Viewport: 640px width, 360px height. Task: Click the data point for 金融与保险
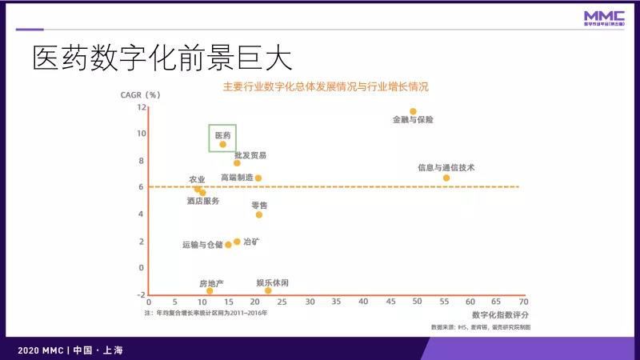pyautogui.click(x=413, y=111)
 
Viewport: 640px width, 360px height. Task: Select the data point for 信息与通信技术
pyautogui.click(x=446, y=178)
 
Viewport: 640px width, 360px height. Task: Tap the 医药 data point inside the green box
pyautogui.click(x=223, y=144)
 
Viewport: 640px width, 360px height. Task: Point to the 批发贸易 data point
pyautogui.click(x=237, y=163)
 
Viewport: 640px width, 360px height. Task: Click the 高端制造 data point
pyautogui.click(x=258, y=178)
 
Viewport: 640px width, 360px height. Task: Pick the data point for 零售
pyautogui.click(x=258, y=214)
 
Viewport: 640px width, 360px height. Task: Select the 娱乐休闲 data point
pyautogui.click(x=268, y=290)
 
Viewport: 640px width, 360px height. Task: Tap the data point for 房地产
pyautogui.click(x=210, y=290)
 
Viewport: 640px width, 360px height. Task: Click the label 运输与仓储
pyautogui.click(x=202, y=245)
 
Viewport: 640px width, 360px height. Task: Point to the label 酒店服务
pyautogui.click(x=203, y=201)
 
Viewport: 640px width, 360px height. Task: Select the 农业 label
pyautogui.click(x=197, y=179)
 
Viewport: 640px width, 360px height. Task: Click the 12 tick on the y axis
pyautogui.click(x=141, y=106)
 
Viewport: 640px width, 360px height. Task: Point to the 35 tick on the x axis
pyautogui.click(x=336, y=302)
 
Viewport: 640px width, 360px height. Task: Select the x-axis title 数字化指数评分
pyautogui.click(x=500, y=314)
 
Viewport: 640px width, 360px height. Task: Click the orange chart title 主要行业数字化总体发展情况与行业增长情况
pyautogui.click(x=326, y=86)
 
